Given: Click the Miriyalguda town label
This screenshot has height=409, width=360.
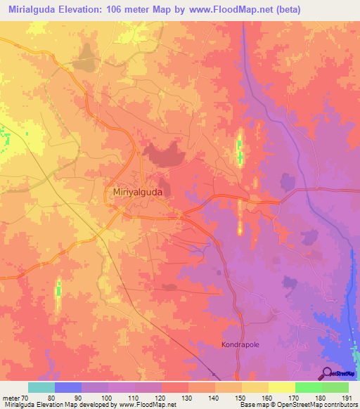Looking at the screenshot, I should (138, 191).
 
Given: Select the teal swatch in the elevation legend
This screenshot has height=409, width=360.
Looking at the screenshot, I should (41, 387).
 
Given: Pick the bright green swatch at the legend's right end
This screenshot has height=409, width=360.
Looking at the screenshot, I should (335, 387).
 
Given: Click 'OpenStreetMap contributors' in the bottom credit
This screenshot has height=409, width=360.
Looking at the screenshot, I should (317, 405).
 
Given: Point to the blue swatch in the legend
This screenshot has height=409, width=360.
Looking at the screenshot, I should (68, 387).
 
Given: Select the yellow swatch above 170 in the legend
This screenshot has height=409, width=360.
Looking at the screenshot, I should (282, 387).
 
